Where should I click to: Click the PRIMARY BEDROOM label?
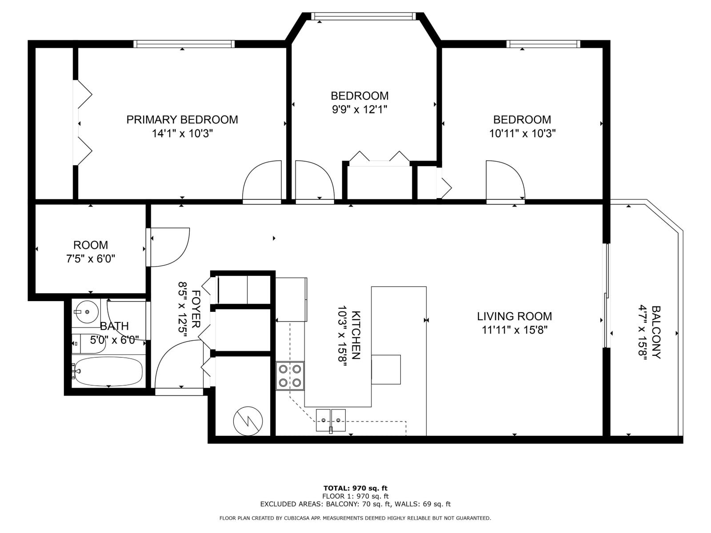(x=182, y=119)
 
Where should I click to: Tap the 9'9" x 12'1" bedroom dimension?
(x=359, y=109)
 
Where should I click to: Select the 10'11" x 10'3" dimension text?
(x=522, y=133)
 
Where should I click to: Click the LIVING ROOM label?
(x=514, y=316)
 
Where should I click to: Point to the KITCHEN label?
(x=356, y=335)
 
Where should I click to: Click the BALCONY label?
(x=656, y=332)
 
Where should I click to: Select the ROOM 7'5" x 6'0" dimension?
(x=91, y=259)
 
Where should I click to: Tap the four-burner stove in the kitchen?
(x=290, y=376)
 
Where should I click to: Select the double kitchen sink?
(x=331, y=420)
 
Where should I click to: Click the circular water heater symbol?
(x=248, y=421)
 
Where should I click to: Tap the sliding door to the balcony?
(x=606, y=295)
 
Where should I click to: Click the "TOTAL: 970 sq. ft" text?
(x=355, y=488)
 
